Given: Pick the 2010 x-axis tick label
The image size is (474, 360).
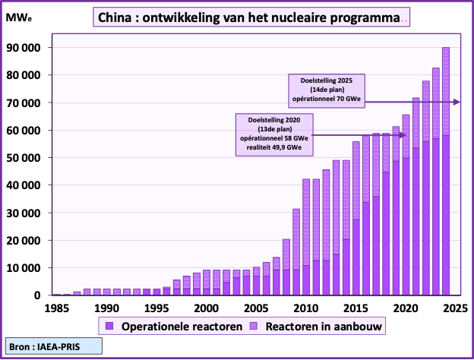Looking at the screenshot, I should tap(305, 308).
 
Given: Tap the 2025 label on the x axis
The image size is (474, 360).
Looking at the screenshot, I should tap(454, 308).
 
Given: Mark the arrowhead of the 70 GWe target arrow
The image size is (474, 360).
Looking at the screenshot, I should tap(456, 102).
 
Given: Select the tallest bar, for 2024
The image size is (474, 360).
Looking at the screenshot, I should tap(446, 171).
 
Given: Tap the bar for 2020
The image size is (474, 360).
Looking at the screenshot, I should tap(406, 205).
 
